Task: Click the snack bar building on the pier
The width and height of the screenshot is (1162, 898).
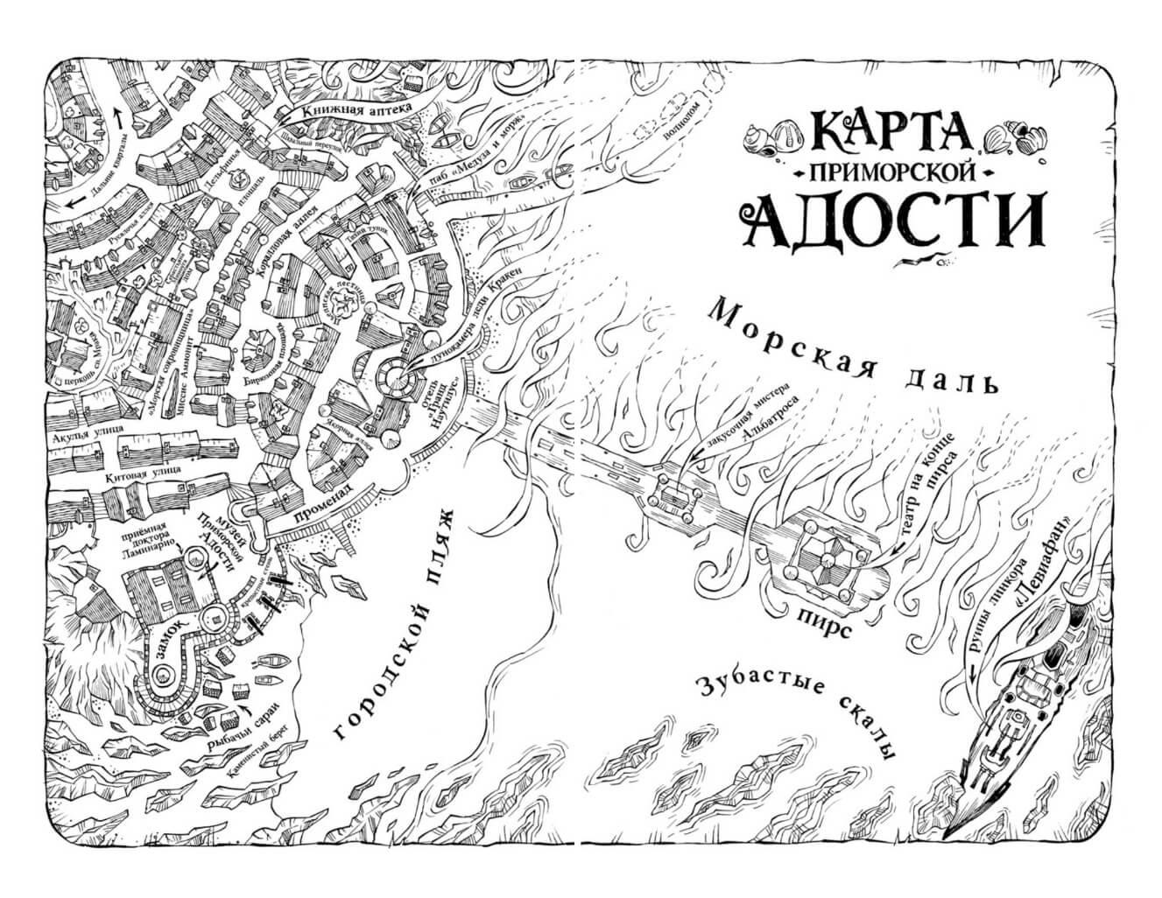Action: click(673, 497)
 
